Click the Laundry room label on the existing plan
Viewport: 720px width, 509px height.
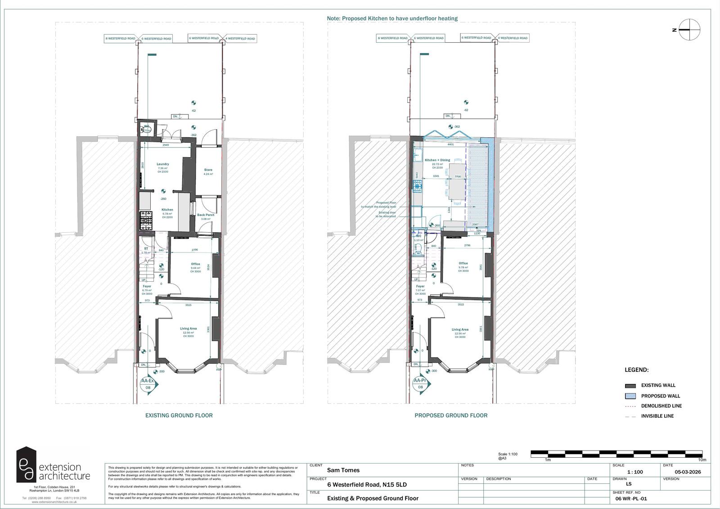(x=162, y=164)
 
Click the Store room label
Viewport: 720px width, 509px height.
(x=208, y=170)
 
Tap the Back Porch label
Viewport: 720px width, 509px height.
(x=206, y=215)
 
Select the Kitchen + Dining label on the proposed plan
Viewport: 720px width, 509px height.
(x=437, y=160)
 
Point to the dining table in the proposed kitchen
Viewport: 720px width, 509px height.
(x=458, y=181)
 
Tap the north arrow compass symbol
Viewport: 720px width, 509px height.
(x=690, y=30)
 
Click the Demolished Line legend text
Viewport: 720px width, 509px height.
(x=661, y=406)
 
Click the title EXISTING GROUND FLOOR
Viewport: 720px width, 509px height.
(x=179, y=415)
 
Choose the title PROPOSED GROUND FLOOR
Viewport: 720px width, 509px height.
(x=451, y=415)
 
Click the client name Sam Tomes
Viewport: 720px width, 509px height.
(x=343, y=470)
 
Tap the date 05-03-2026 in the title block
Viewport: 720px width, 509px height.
(x=688, y=472)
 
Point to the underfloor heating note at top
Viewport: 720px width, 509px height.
(x=392, y=18)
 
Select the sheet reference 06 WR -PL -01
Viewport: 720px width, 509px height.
(x=631, y=499)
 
